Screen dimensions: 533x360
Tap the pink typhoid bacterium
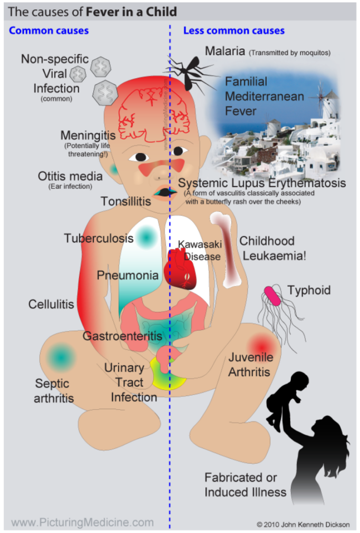[x=272, y=295]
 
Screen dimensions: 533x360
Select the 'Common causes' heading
[x=48, y=31]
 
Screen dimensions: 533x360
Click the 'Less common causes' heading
[x=234, y=31]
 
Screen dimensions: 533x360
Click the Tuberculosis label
[x=98, y=238]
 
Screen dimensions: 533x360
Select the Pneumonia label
[x=128, y=275]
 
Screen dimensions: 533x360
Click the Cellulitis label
[x=51, y=303]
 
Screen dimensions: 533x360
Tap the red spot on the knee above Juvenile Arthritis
[x=260, y=345]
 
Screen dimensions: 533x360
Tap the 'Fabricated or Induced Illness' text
[x=245, y=485]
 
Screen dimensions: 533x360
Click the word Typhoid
[x=308, y=290]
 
